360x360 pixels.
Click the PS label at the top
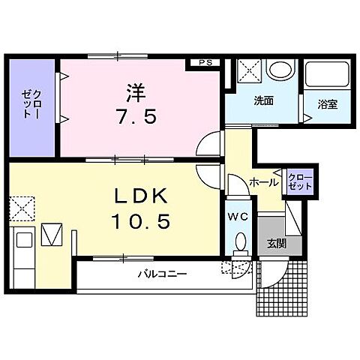[204, 64]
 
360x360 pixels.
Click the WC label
[238, 216]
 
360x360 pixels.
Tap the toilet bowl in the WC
[239, 243]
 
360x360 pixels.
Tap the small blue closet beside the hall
[298, 181]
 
